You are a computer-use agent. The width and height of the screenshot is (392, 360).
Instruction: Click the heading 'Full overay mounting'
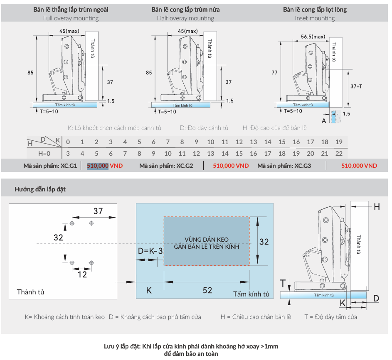[71, 18]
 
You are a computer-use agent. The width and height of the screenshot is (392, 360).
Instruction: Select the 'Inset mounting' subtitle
[315, 18]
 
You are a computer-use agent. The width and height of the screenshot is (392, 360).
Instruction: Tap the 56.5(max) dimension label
[313, 37]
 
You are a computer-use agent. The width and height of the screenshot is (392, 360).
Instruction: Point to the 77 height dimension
[274, 73]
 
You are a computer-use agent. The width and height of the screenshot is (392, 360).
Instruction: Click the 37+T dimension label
[356, 86]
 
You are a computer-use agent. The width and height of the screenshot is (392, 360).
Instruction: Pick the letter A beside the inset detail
[323, 120]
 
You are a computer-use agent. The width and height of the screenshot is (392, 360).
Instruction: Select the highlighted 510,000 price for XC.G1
[98, 166]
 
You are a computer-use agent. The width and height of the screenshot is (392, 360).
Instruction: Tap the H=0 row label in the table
[41, 154]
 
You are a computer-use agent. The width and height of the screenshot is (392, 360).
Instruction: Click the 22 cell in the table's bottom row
[339, 154]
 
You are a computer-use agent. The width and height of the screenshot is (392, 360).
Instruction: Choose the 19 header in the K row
[339, 142]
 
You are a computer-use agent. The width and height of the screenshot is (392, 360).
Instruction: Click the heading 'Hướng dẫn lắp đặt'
[40, 189]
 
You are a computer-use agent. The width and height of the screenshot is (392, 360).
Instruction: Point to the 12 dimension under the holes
[82, 274]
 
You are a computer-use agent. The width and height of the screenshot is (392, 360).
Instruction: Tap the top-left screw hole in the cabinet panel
[72, 223]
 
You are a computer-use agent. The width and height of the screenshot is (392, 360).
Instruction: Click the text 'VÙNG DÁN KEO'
[207, 240]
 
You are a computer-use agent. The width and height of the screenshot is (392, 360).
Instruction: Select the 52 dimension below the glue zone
[207, 290]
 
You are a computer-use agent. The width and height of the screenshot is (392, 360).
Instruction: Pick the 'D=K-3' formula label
[150, 251]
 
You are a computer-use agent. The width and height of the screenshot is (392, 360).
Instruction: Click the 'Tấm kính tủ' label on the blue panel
[251, 294]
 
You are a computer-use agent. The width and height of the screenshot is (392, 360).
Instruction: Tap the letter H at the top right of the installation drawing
[377, 207]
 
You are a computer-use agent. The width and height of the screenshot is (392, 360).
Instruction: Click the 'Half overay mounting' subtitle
[185, 18]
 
